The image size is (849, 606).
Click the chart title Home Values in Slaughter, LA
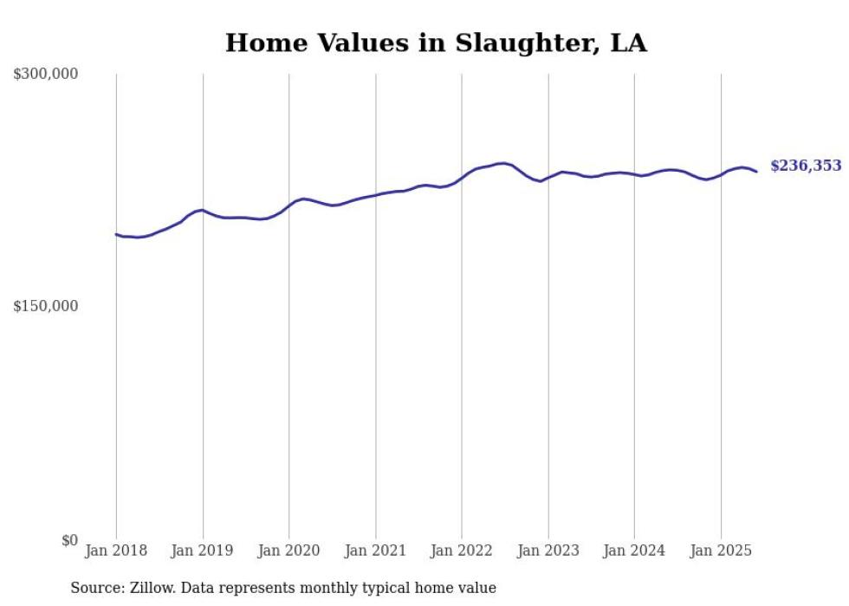[436, 43]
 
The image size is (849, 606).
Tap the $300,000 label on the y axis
[46, 75]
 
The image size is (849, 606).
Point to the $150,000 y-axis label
[46, 306]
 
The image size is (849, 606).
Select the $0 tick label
[68, 540]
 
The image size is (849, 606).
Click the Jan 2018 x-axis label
[116, 551]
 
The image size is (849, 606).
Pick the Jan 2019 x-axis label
[203, 551]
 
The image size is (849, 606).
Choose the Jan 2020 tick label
[288, 551]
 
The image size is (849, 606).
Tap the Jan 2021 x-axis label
[375, 551]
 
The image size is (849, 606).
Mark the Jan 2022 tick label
[461, 551]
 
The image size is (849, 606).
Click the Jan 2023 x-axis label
[548, 551]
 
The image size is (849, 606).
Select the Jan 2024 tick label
[634, 551]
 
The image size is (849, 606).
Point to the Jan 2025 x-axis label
[720, 551]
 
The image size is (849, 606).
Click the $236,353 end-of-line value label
[805, 166]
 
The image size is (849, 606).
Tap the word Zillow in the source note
[151, 589]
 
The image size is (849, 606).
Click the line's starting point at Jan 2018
[116, 234]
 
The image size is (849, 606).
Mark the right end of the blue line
[756, 172]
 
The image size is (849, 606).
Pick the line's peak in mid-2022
[502, 163]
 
